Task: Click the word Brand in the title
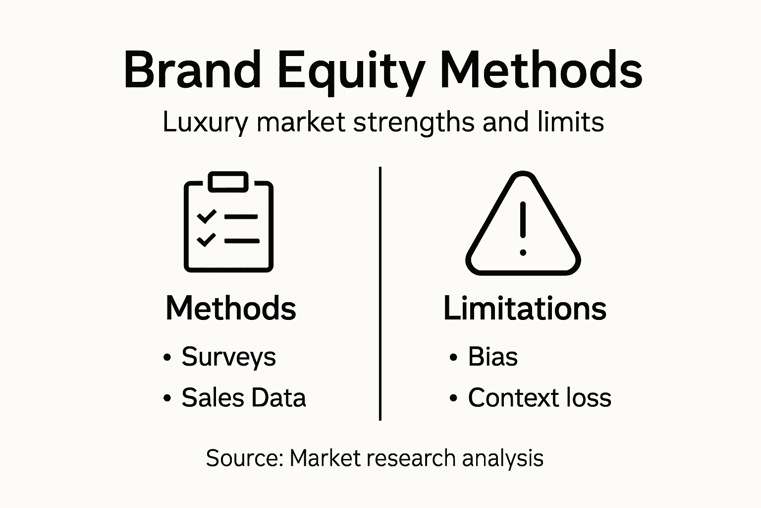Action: point(192,70)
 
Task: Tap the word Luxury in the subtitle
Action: point(205,122)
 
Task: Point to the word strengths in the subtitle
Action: point(414,122)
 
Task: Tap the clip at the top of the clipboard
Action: point(228,182)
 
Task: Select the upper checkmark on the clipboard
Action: point(207,216)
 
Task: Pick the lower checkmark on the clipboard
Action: point(207,240)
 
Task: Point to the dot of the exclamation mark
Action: point(523,253)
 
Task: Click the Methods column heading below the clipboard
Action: point(231,308)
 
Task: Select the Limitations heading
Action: point(525,308)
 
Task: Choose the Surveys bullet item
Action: point(228,357)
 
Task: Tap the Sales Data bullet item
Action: point(243,397)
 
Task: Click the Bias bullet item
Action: point(492,357)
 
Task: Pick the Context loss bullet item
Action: point(540,397)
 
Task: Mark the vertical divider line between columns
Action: point(380,293)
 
